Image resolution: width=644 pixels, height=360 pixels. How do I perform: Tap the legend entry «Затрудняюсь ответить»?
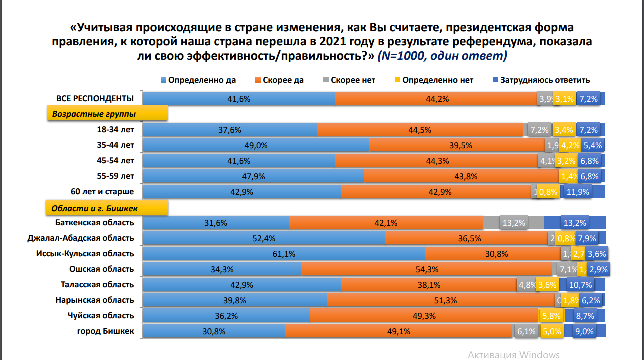coord(545,80)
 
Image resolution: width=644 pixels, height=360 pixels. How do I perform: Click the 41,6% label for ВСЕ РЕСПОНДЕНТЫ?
coord(238,99)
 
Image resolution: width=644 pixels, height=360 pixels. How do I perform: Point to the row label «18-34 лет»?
coord(117,130)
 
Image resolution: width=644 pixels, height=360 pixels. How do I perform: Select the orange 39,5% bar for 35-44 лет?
coord(457,145)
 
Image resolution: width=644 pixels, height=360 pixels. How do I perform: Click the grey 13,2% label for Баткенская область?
coord(513,223)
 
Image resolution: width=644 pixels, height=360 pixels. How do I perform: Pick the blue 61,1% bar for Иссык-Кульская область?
coord(283,254)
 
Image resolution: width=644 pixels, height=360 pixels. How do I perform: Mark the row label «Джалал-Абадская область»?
coord(81,238)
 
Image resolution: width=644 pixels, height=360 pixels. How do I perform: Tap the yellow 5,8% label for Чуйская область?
coord(552,316)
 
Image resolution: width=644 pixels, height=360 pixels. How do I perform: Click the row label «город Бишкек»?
coord(106,331)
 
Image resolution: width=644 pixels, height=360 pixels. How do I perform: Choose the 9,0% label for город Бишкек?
coord(584,331)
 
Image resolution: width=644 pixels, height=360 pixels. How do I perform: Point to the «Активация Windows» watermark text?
coord(513,355)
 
